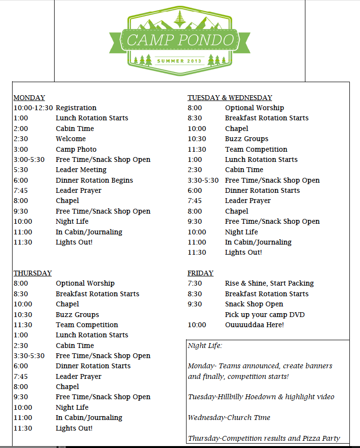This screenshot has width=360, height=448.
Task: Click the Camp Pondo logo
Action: click(179, 41)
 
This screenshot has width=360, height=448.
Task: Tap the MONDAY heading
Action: click(29, 98)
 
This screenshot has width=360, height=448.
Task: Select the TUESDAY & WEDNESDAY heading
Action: click(230, 98)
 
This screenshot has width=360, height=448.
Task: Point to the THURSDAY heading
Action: click(32, 273)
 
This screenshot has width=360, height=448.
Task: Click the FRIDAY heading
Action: click(201, 273)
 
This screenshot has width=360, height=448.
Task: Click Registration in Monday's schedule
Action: click(76, 108)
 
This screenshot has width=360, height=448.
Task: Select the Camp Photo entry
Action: click(76, 149)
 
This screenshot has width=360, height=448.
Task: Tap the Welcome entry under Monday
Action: click(71, 139)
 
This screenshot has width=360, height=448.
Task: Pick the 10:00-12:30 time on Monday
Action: click(33, 108)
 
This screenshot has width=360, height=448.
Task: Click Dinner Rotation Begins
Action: click(94, 180)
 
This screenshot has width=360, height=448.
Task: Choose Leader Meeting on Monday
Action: click(81, 170)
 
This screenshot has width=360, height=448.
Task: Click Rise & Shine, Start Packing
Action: click(269, 283)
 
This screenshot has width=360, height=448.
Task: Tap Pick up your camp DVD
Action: click(265, 315)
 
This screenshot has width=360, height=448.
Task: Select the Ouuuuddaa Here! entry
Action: click(254, 325)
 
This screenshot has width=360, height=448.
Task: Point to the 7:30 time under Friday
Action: click(195, 283)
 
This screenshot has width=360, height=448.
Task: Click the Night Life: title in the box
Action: click(205, 346)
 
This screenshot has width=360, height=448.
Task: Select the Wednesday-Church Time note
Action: click(229, 418)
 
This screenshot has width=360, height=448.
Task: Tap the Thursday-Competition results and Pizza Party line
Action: click(264, 438)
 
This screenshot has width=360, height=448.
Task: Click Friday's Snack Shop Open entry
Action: click(254, 304)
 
